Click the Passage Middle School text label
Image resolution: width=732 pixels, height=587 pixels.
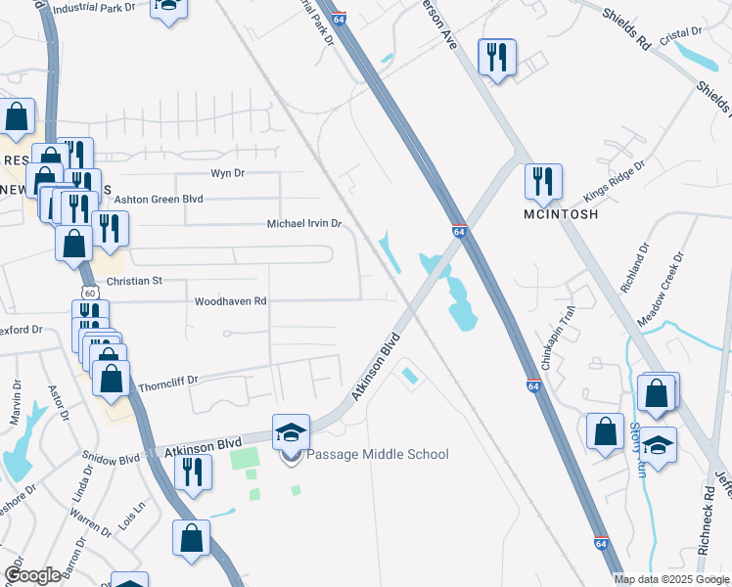[377, 454]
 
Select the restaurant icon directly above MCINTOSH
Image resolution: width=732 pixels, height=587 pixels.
[542, 181]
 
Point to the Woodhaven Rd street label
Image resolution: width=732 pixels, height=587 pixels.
[231, 302]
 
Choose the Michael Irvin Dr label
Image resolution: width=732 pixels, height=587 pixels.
[303, 224]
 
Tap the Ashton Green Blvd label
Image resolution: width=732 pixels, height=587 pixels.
[159, 199]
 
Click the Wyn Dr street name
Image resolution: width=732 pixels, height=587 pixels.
[227, 173]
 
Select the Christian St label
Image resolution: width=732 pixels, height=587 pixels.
[134, 281]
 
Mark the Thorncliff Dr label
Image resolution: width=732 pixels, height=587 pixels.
[167, 380]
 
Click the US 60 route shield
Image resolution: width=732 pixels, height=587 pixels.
[89, 293]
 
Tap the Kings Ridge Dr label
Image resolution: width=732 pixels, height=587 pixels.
[616, 180]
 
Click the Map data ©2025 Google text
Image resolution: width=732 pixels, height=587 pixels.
[671, 579]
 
